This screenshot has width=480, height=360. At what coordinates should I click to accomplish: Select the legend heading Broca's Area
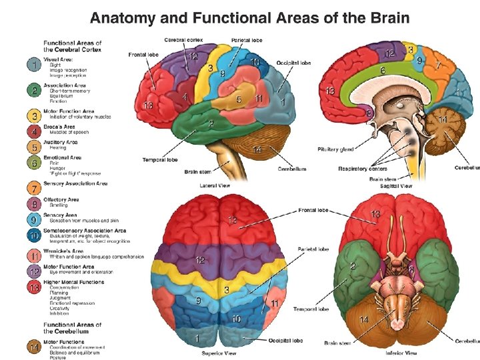pos(59,127)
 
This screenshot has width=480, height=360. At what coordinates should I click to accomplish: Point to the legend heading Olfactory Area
pos(61,199)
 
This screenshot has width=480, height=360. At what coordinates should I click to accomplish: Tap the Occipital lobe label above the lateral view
pos(293,63)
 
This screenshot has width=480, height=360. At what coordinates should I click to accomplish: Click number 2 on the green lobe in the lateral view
pos(211,123)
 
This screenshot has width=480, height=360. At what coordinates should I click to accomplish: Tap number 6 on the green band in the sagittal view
pos(382,69)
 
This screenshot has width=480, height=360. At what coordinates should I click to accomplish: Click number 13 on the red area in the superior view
pos(232,219)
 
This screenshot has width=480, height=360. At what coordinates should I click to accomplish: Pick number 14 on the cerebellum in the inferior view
pos(364,320)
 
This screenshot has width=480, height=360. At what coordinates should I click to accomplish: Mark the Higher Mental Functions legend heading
pos(74,282)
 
